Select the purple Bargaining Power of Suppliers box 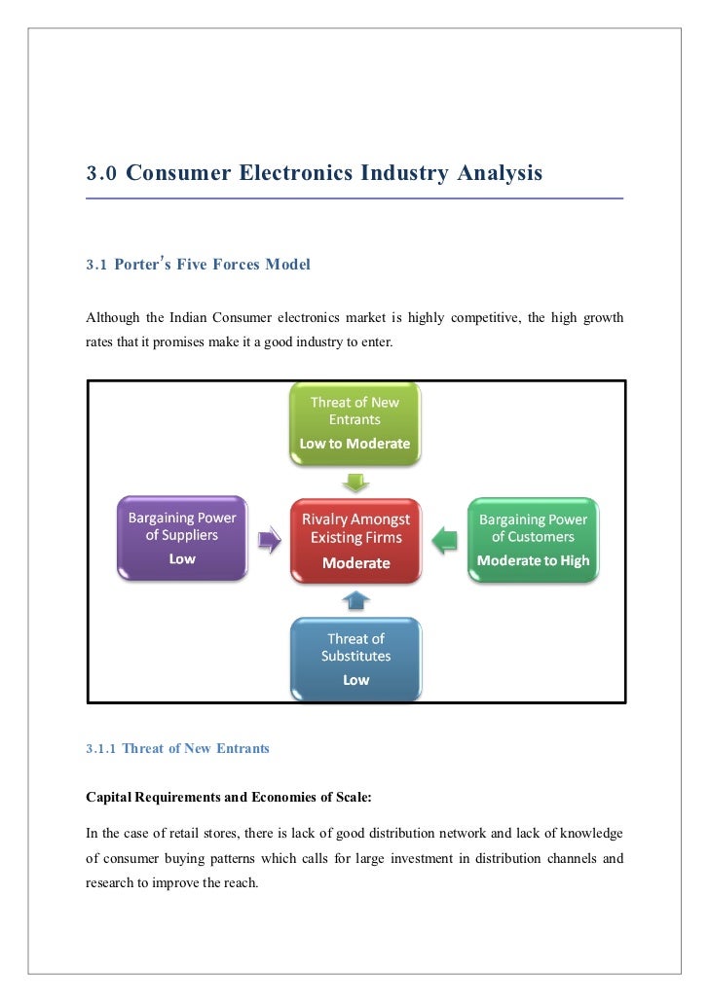(x=182, y=538)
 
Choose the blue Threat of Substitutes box (x=355, y=660)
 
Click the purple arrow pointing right (x=268, y=539)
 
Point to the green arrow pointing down (x=355, y=483)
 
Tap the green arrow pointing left (x=444, y=539)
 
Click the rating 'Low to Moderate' (x=354, y=444)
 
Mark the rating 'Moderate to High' (x=533, y=560)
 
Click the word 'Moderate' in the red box (x=355, y=562)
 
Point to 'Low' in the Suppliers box (x=182, y=558)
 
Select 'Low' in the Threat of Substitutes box (x=355, y=680)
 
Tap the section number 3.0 (x=101, y=175)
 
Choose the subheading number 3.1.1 (x=101, y=749)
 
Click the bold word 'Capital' (x=111, y=796)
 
